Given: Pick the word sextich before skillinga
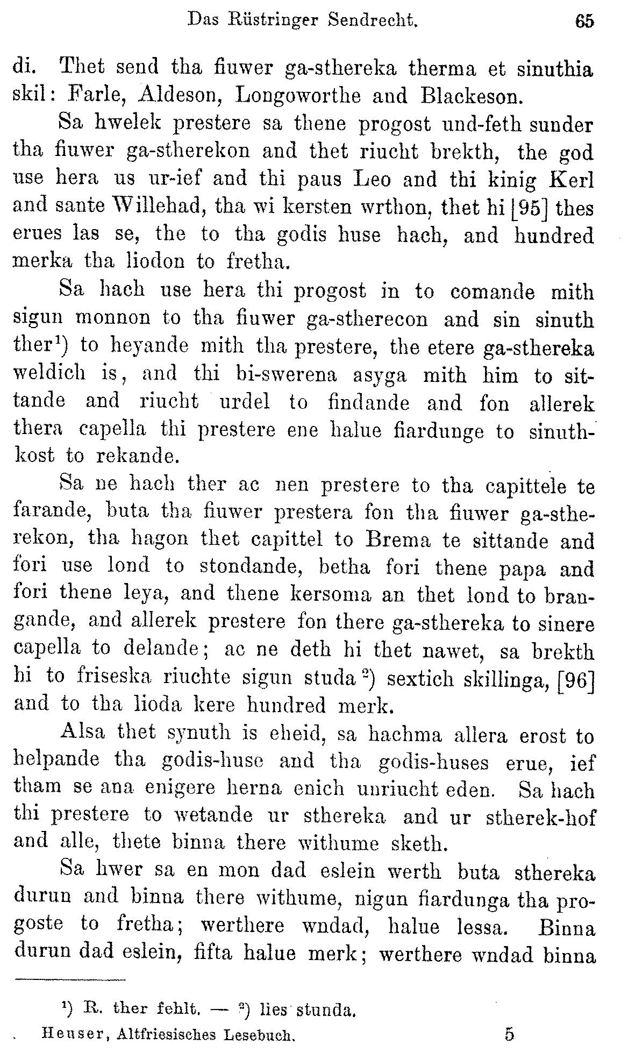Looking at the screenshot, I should (x=419, y=677).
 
